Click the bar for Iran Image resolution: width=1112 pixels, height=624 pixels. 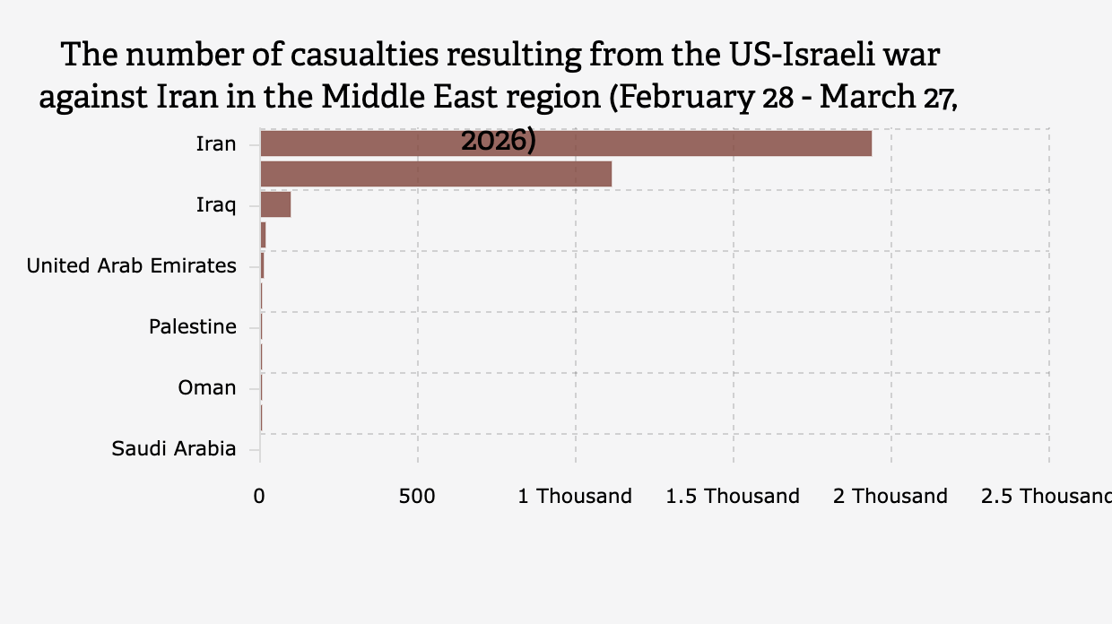click(565, 143)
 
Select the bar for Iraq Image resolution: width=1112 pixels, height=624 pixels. click(275, 204)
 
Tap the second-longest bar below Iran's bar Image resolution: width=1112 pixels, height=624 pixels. click(436, 174)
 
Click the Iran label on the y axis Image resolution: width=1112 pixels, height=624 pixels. click(216, 143)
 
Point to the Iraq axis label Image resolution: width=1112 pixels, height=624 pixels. click(216, 204)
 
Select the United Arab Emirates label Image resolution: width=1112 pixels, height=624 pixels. click(132, 265)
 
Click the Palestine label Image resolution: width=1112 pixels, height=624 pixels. click(193, 326)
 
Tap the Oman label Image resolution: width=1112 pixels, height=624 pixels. click(207, 387)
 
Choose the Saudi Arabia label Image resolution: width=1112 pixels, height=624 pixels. click(174, 448)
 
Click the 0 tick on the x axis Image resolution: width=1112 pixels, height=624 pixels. click(260, 496)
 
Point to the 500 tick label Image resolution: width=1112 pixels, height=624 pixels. click(418, 496)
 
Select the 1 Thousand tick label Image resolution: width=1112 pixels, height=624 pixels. click(575, 496)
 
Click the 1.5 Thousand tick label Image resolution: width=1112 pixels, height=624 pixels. click(733, 496)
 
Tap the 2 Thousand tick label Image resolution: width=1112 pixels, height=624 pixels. click(890, 496)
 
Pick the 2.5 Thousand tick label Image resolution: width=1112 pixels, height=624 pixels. click(1046, 496)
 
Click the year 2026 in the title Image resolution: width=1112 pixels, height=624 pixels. click(498, 141)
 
